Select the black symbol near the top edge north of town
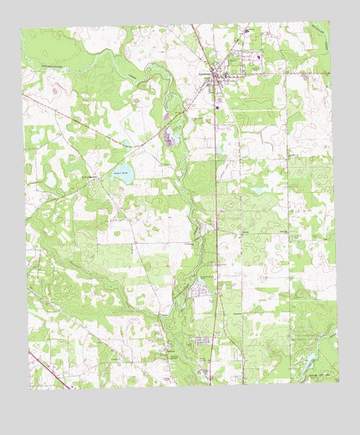pos(248,31)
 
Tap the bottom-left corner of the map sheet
pos(31,390)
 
